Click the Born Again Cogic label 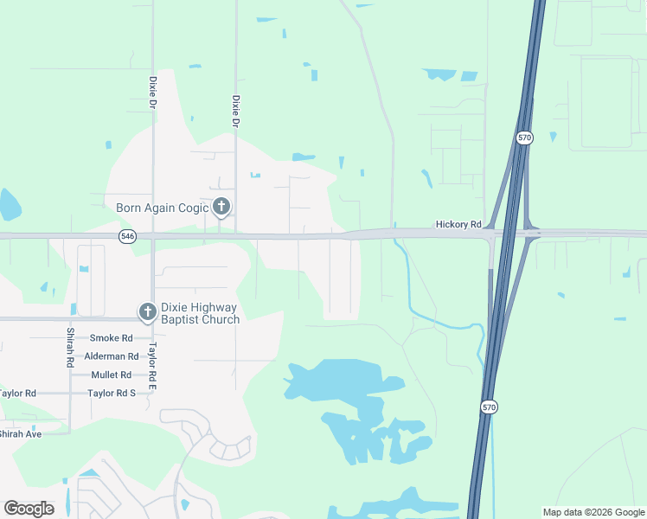[x=163, y=208]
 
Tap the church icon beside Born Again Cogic [x=221, y=207]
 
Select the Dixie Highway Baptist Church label [x=199, y=312]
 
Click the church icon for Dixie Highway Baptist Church [x=147, y=311]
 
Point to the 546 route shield [x=128, y=236]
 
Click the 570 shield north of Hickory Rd [x=525, y=138]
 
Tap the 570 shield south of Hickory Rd [x=490, y=407]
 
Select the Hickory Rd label [x=458, y=225]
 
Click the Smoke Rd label [x=112, y=338]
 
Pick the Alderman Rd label [x=112, y=356]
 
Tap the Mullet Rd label [x=112, y=375]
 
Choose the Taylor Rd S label [x=112, y=393]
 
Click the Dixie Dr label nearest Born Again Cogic [x=234, y=112]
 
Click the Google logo [x=29, y=509]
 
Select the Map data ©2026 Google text [x=593, y=512]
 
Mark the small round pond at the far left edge [x=8, y=204]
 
